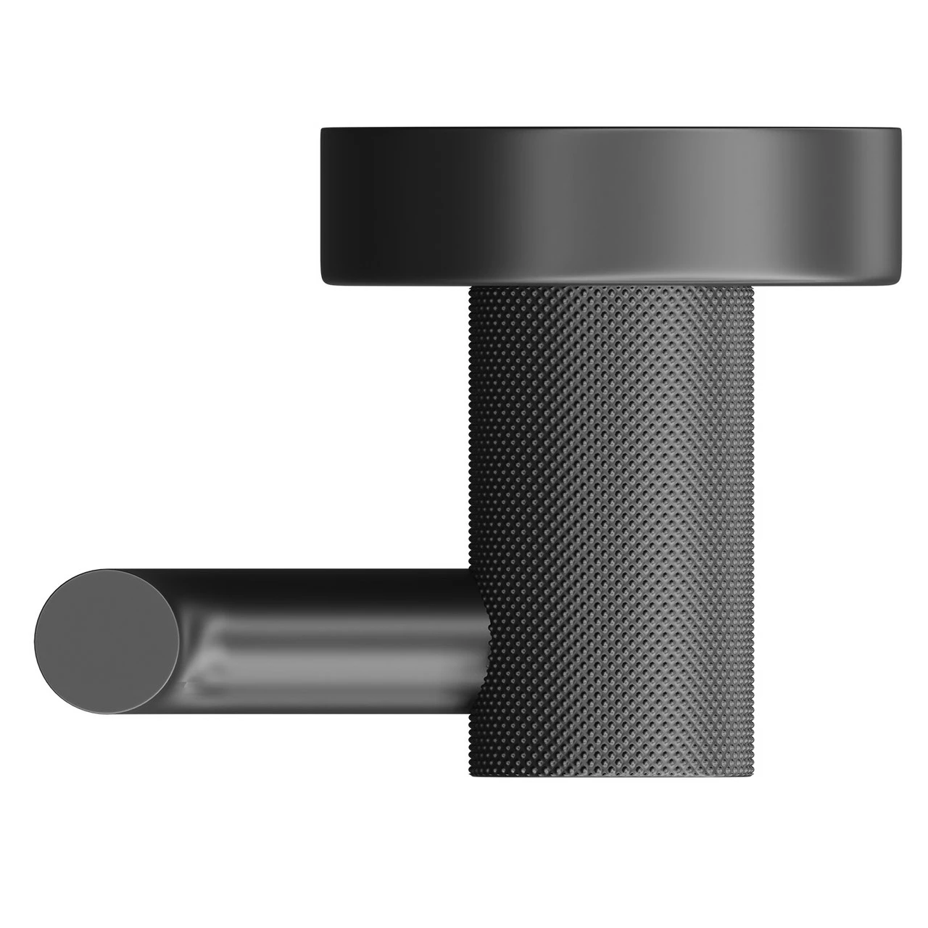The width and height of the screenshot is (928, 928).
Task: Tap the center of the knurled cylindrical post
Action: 613,522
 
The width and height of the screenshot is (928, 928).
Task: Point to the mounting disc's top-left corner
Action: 323,129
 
